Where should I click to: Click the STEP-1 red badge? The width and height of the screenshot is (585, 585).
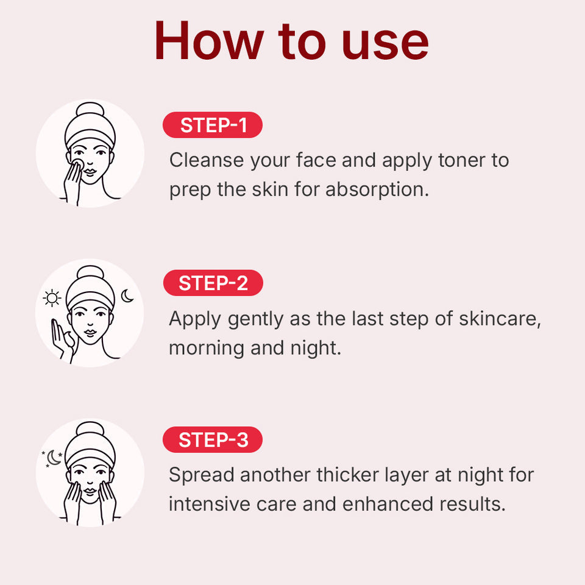pos(213,126)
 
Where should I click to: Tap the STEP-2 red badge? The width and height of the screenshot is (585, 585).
pos(213,283)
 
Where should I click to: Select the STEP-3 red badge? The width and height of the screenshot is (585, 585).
pos(213,440)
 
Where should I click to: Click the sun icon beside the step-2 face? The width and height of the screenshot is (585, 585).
pos(53,299)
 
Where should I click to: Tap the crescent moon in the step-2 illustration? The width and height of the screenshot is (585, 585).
pos(127,296)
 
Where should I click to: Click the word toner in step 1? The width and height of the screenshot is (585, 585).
pos(461,160)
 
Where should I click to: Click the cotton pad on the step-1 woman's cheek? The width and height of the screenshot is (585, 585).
pos(78,165)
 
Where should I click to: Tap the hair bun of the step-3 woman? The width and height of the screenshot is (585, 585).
pos(90,430)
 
